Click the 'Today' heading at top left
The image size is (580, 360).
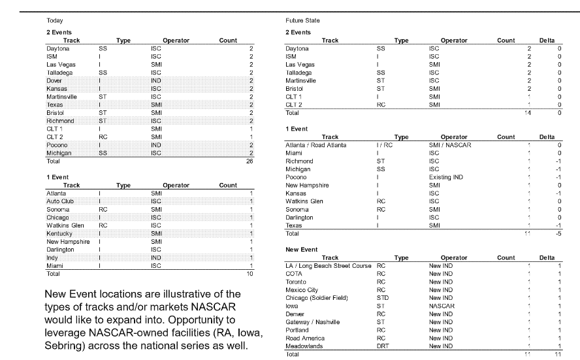[x=55, y=22]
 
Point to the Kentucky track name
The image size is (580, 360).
[x=59, y=234]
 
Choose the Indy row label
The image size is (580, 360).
[x=54, y=257]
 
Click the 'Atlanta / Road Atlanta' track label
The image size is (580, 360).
[x=316, y=145]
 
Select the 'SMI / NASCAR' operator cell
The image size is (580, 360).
[x=450, y=145]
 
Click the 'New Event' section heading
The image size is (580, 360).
[x=302, y=250]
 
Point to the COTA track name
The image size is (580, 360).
[x=295, y=274]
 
